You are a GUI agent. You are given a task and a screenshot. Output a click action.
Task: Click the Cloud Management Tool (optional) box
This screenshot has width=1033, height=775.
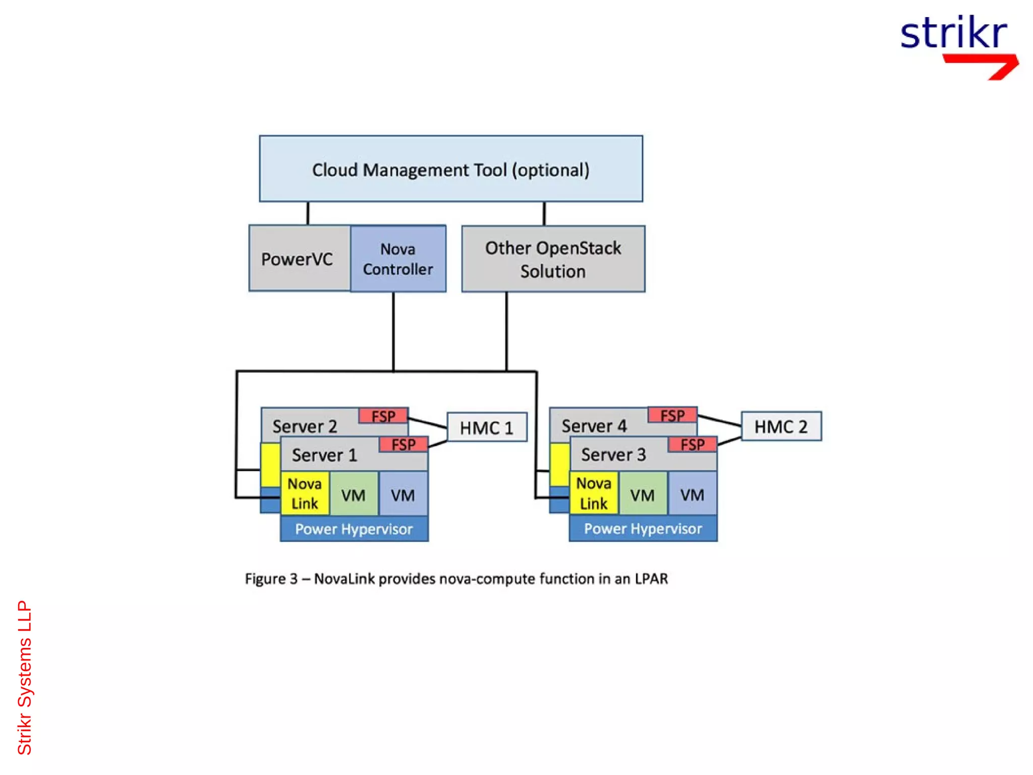point(450,169)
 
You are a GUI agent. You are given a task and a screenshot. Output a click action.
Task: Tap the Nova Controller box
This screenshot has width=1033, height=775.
point(397,258)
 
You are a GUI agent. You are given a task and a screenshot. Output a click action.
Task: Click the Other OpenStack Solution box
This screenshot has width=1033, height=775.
point(553,259)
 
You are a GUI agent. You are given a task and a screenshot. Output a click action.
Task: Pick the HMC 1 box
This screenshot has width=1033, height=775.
point(486,427)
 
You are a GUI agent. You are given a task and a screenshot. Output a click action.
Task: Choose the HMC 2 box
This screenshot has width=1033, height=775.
point(780,426)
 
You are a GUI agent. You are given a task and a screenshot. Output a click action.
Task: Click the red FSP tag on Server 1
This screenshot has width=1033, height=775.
point(403,445)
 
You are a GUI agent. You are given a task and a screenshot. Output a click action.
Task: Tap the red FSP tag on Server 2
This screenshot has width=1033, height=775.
point(383,416)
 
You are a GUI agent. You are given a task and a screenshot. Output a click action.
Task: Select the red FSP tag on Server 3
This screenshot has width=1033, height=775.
point(692,444)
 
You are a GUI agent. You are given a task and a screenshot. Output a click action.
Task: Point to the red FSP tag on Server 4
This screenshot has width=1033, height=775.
point(672,415)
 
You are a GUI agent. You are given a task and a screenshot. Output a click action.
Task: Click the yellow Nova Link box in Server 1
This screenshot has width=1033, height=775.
point(305,493)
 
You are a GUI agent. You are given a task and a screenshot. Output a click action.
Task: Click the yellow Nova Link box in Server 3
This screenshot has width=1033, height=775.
point(593,493)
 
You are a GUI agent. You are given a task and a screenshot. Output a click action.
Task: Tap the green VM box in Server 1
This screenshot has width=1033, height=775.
point(353,494)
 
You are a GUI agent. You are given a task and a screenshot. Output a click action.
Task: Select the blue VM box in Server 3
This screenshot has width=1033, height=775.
point(692,494)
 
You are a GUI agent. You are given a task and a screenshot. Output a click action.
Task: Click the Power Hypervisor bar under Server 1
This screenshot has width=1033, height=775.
point(354,529)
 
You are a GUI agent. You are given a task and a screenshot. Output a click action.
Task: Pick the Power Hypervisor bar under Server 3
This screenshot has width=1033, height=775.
point(643,528)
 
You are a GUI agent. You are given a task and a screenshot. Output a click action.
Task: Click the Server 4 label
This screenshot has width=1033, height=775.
point(594,426)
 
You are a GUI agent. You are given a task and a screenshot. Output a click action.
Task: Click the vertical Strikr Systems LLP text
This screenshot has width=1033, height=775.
point(24,677)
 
